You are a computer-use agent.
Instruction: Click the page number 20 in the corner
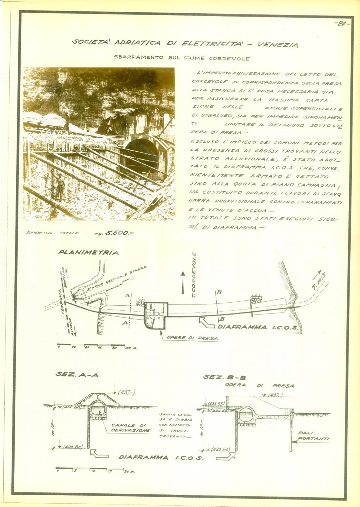point(341,25)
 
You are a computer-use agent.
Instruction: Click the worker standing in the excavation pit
point(59,185)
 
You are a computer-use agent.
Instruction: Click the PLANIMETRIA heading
point(88,253)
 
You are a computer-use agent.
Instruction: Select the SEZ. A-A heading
point(77,375)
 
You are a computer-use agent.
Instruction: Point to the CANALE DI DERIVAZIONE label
point(129,428)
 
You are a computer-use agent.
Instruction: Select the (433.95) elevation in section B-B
point(216,404)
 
